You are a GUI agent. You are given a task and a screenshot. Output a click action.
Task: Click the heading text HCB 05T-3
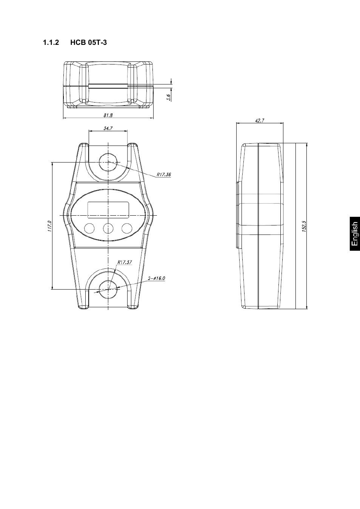coord(88,43)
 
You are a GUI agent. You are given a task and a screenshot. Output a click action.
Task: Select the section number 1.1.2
coord(51,43)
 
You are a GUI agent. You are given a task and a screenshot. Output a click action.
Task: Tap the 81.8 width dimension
coord(108,116)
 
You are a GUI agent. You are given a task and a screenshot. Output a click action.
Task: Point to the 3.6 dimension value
coord(169,97)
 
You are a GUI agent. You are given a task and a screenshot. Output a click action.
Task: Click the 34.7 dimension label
coord(108,128)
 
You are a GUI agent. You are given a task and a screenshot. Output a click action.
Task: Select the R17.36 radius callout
coord(164,175)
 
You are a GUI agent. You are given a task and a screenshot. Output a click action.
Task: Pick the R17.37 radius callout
coord(125,262)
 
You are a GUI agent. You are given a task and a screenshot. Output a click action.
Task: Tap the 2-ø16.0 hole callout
coord(157,279)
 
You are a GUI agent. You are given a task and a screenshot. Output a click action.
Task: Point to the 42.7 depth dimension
coord(260,121)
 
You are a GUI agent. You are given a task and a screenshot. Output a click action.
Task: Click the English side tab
coord(354,234)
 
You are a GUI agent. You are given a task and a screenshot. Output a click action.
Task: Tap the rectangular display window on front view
coord(108,210)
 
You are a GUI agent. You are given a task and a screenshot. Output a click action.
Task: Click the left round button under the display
coord(89,228)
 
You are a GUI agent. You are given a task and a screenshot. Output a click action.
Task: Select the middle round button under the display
coord(108,228)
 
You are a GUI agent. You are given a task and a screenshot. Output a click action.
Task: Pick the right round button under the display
coord(127,228)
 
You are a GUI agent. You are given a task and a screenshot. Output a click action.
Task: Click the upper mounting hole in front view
coord(108,162)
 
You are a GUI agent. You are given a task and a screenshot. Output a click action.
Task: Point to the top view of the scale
coord(108,85)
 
